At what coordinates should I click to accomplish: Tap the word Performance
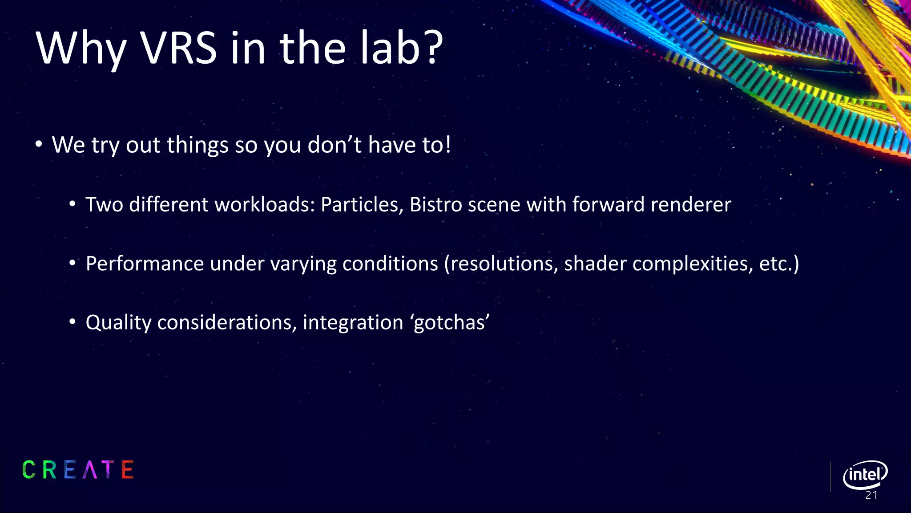[x=145, y=264]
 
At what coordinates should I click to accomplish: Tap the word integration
[x=353, y=323]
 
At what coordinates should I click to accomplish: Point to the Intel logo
[x=865, y=475]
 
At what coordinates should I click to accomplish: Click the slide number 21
[x=871, y=496]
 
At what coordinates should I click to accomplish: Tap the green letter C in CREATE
[x=29, y=470]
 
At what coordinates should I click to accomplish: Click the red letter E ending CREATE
[x=128, y=470]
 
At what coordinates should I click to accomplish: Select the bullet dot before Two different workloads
[x=73, y=205]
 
